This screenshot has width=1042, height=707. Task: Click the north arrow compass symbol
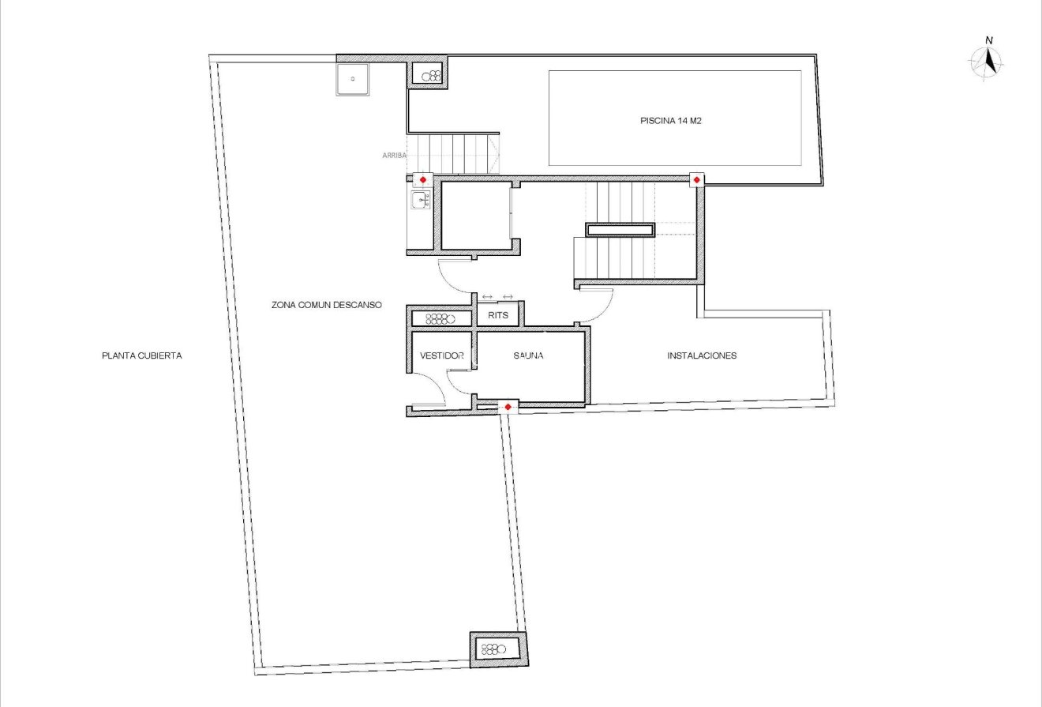(x=987, y=62)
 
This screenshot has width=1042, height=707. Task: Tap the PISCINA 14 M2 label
(x=671, y=122)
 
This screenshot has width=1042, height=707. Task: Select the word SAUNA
(x=527, y=356)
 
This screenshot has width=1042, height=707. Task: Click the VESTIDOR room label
(x=441, y=356)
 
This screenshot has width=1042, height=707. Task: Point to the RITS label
(x=498, y=315)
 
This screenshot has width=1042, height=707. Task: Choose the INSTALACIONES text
(x=702, y=355)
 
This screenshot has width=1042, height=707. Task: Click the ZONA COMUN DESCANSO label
(x=326, y=305)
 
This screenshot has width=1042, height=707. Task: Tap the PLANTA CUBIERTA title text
(x=142, y=355)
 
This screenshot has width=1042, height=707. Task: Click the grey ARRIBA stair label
(x=394, y=156)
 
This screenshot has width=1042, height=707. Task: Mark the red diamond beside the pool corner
(x=696, y=181)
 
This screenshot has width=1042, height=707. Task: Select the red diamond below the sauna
(x=508, y=407)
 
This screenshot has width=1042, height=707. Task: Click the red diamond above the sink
(x=422, y=181)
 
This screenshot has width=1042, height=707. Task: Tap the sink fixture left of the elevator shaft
(x=420, y=201)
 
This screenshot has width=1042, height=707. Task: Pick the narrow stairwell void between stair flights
(x=620, y=230)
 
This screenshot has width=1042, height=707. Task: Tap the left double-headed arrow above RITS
(x=487, y=296)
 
